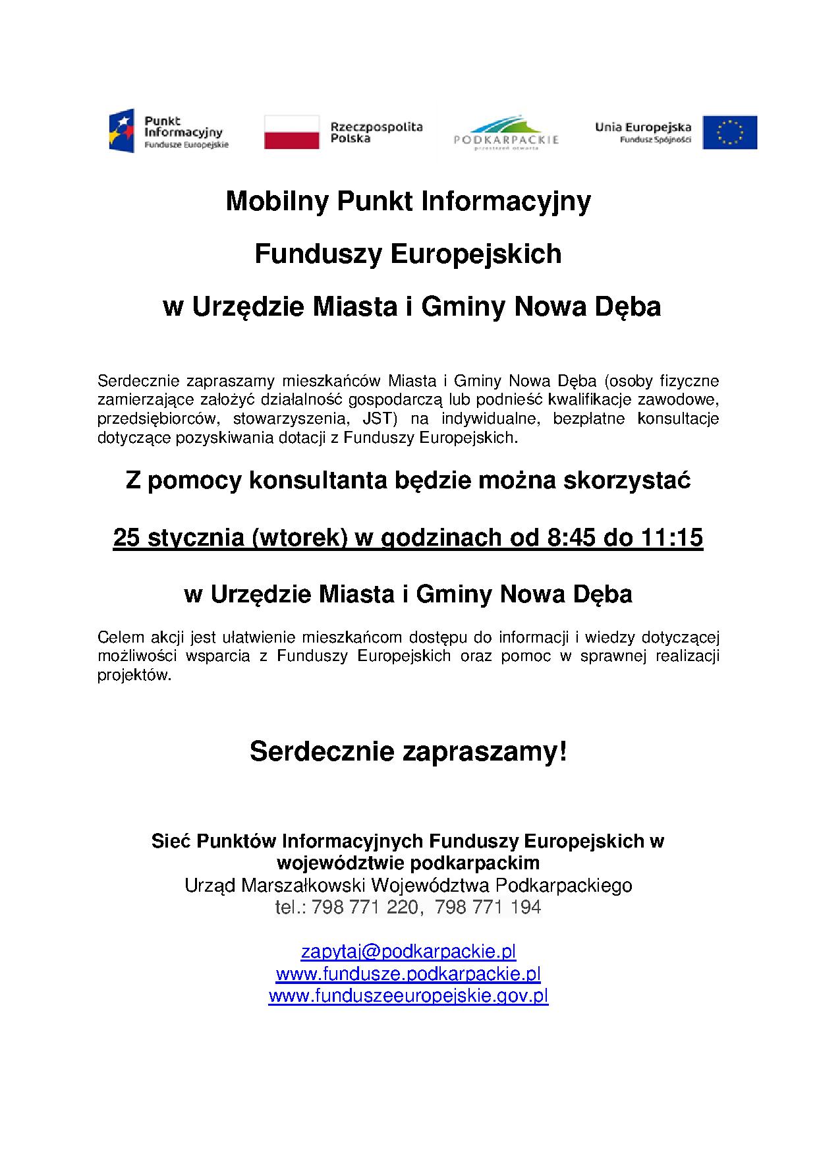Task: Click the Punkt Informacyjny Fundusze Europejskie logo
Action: click(x=169, y=131)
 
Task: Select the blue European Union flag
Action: click(x=729, y=132)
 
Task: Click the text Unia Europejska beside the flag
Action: click(x=642, y=127)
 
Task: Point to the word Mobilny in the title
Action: click(x=276, y=202)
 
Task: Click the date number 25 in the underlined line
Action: click(x=127, y=538)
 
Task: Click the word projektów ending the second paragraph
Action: click(x=134, y=676)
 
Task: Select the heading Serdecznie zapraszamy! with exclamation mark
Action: click(x=408, y=752)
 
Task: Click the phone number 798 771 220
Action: click(x=364, y=908)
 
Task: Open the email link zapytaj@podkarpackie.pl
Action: click(x=408, y=952)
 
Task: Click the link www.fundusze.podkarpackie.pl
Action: click(x=408, y=973)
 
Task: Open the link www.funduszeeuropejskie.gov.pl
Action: click(x=408, y=995)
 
